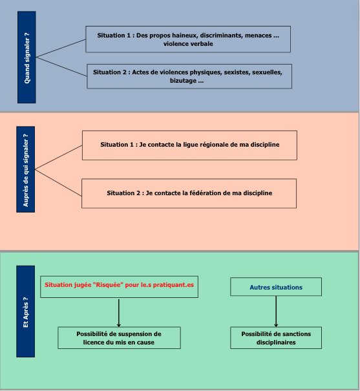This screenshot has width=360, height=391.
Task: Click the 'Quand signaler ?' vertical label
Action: [26, 58]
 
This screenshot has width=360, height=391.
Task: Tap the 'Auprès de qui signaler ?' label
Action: [26, 169]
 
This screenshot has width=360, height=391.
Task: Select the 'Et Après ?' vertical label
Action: [26, 312]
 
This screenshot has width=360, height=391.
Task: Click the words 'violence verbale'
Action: [188, 44]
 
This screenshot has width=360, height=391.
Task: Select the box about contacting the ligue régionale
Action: [189, 145]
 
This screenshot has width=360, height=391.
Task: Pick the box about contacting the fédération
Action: [189, 193]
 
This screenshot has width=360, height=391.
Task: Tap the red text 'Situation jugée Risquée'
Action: [84, 285]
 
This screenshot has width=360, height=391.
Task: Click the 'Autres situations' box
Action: [276, 287]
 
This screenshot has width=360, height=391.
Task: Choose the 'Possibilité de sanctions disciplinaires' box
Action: [276, 338]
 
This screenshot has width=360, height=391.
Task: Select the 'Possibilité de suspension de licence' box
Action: [119, 338]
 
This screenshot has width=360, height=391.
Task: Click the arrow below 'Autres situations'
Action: [276, 312]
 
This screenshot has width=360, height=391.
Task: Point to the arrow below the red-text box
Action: [119, 312]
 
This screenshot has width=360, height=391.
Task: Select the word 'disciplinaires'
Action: [276, 343]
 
